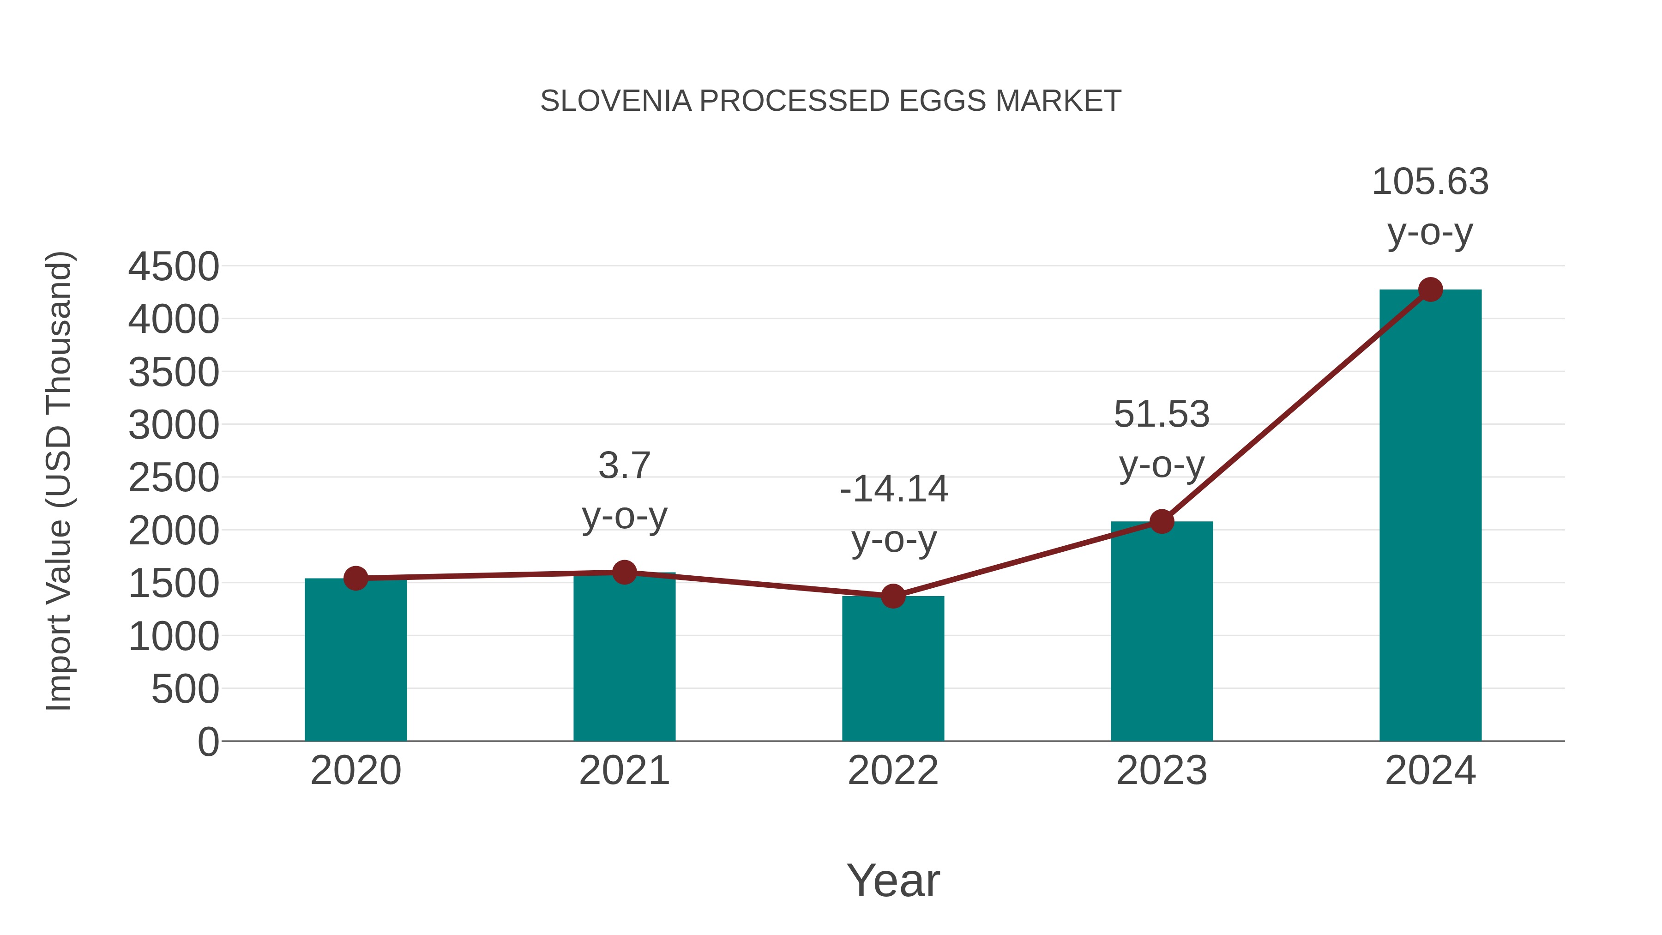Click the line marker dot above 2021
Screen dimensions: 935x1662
624,572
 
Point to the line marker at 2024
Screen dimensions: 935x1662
1430,290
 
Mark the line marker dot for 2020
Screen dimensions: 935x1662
355,578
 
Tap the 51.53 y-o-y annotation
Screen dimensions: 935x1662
1162,440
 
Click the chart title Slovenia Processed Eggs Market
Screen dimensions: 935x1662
831,101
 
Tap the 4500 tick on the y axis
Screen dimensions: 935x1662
174,266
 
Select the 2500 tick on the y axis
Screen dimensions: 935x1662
174,478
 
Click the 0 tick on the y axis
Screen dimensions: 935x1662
208,742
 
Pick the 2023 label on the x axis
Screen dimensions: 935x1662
1162,771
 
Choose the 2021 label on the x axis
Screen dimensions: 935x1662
624,771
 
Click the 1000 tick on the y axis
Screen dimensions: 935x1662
174,637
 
